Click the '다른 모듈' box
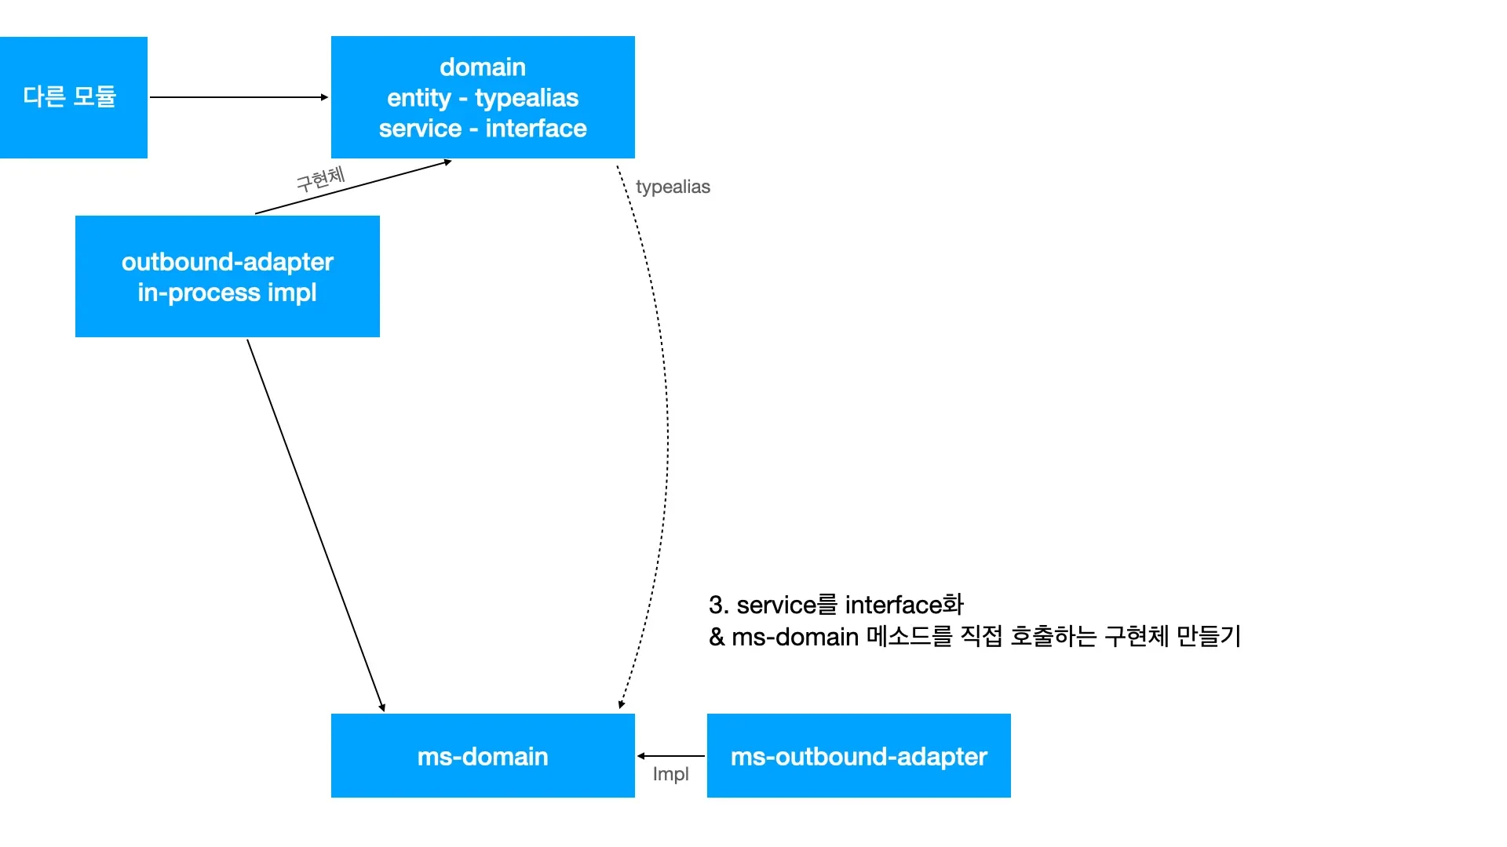coord(73,97)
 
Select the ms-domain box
coord(483,756)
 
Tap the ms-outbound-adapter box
coord(859,756)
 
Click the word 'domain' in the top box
coord(483,67)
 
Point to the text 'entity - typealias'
coord(483,98)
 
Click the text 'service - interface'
coord(483,129)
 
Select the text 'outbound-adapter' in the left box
coord(228,262)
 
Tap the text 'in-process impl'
coord(228,293)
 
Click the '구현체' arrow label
coord(320,179)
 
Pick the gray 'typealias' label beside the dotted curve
coord(673,187)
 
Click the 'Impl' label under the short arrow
coord(670,774)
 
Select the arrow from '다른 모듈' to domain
coord(239,97)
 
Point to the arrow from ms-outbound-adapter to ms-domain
coord(671,756)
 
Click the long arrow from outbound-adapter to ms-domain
coord(316,525)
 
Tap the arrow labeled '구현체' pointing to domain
coord(353,187)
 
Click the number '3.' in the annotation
coord(719,605)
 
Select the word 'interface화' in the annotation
coord(904,605)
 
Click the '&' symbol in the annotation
coord(717,637)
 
